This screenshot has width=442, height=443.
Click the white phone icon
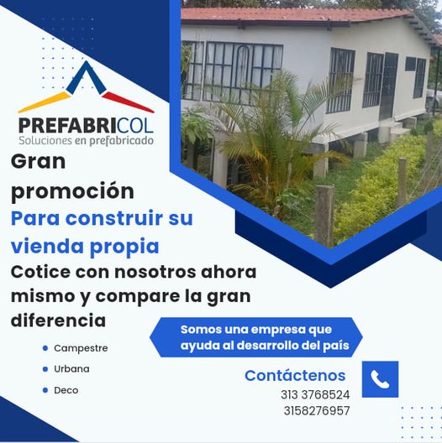[380, 379]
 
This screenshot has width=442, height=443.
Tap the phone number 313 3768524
[315, 394]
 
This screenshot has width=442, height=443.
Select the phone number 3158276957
[317, 411]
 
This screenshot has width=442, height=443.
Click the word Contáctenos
[295, 376]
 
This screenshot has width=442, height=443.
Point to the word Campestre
[81, 348]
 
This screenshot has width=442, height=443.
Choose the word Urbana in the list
[71, 369]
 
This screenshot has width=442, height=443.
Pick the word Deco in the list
[66, 390]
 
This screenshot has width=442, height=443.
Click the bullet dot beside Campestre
[45, 348]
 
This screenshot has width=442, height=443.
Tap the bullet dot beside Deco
[45, 390]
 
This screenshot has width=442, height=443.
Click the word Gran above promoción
[38, 162]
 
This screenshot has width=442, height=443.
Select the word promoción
[72, 192]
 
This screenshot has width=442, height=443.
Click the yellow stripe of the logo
[45, 102]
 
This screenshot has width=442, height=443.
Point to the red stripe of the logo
[129, 102]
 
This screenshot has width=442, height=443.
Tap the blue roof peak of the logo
[86, 77]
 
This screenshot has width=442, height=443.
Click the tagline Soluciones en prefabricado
[87, 141]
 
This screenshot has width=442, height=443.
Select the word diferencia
[58, 321]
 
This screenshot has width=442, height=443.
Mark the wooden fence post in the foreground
[324, 216]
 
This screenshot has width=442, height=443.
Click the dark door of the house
[388, 86]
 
